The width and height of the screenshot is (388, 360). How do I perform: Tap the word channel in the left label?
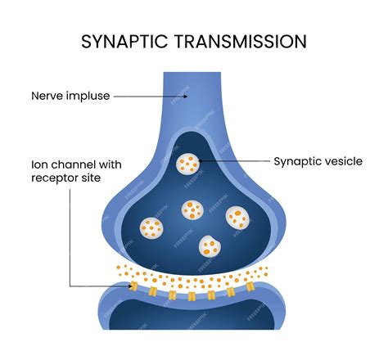64,164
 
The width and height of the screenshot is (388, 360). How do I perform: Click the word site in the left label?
89,179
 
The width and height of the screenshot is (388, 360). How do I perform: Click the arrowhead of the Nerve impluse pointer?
186,96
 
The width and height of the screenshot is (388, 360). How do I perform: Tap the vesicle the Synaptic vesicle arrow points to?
188,163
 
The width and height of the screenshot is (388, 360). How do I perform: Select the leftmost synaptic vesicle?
151,227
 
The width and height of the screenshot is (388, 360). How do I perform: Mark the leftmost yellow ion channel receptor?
133,286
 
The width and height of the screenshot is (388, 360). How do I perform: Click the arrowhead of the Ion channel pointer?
129,286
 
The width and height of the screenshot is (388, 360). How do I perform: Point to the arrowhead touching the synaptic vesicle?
200,161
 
